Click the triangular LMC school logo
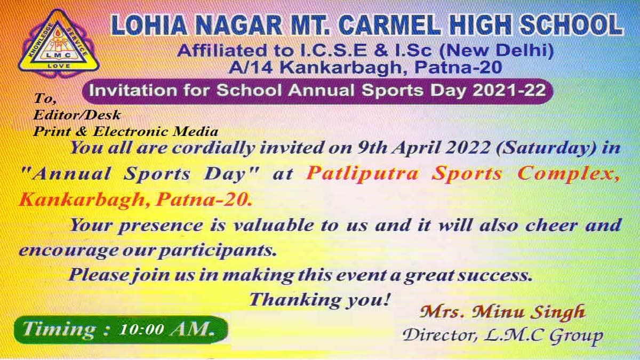point(59,43)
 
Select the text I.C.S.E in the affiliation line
point(333,51)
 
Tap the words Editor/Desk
point(77,115)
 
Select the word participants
point(217,251)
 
